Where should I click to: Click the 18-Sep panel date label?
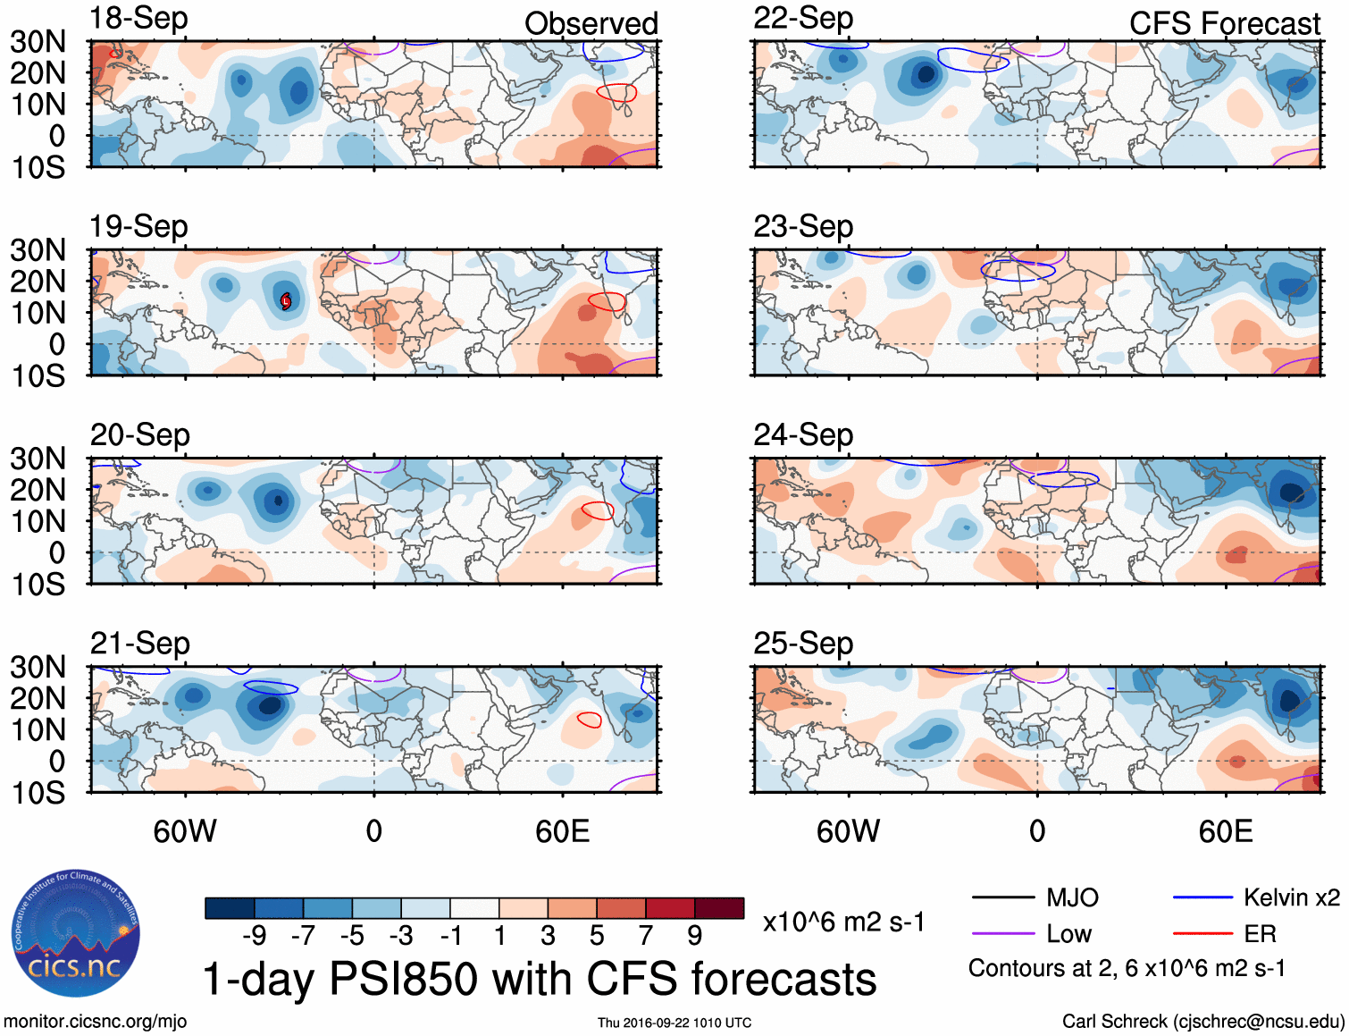coord(138,19)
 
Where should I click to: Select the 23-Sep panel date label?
coord(802,227)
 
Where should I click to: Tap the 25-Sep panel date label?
coord(802,644)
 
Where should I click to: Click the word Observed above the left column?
coord(591,24)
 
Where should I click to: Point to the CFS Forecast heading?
coord(1224,24)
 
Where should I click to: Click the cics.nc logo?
coord(75,935)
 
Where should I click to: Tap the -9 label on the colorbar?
coord(255,936)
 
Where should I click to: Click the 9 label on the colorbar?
coord(694,936)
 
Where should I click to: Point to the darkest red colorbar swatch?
coord(719,908)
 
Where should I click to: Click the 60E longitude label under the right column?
coord(1225,832)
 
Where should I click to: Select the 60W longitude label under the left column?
coord(185,832)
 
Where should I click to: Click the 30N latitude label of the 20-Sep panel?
coord(38,459)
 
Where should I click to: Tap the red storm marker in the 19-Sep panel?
coord(286,301)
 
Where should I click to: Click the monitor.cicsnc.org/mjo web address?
coord(96,1022)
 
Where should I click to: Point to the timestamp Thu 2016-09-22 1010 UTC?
coord(674,1023)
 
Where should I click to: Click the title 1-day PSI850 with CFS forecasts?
coord(540,980)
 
